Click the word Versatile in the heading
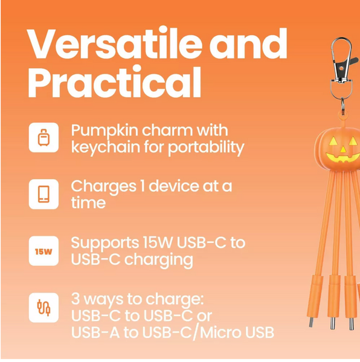114,44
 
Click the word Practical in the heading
114,82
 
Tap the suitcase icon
43,138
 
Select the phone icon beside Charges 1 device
43,194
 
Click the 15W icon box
43,251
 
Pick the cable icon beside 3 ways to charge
43,308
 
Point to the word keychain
106,147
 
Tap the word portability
206,148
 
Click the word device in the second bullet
174,186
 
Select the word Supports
105,244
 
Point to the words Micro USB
237,332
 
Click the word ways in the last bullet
103,300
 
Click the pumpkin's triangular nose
343,150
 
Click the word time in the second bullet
88,203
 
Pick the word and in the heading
248,44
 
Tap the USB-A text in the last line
95,332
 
